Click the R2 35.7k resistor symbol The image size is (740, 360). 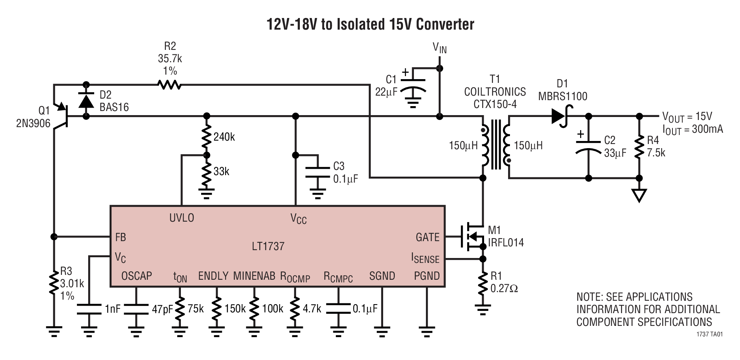170,85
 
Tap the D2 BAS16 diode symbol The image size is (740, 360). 86,101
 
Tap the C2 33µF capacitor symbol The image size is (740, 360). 588,147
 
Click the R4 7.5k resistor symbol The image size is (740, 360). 639,147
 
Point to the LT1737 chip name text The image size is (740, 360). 268,246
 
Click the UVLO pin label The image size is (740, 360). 182,218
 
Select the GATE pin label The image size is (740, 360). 427,237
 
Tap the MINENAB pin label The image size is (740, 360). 254,276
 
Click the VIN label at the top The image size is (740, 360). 439,48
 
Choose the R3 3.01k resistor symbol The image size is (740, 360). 54,283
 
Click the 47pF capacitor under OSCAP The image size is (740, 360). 136,308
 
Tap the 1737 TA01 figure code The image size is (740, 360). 709,334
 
